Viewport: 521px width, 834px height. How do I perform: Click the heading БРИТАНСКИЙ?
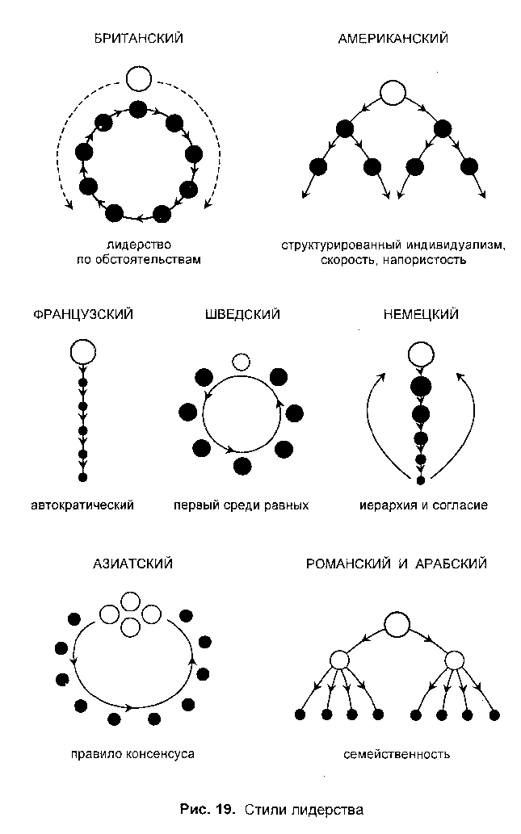(138, 38)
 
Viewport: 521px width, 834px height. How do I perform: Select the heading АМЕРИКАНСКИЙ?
(393, 38)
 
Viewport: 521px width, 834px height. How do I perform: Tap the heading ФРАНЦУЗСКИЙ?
(83, 314)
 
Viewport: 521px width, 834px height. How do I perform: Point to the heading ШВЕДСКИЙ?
(242, 314)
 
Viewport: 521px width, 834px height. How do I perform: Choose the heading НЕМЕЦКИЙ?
(421, 314)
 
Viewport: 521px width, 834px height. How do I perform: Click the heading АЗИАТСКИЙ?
(133, 564)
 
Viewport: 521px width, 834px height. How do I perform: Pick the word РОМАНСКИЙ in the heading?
(349, 564)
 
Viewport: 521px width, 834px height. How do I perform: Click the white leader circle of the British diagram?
(139, 79)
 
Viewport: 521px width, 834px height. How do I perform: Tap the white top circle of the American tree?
(393, 93)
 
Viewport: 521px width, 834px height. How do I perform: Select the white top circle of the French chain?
(83, 352)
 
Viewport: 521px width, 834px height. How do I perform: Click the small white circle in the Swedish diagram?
(241, 363)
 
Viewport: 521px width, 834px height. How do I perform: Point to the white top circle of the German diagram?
(421, 354)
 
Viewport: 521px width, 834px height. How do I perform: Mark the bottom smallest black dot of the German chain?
(420, 481)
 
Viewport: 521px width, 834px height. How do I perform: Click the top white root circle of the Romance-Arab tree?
(397, 624)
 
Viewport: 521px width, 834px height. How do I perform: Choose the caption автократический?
(82, 505)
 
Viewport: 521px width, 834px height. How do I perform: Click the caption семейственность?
(397, 754)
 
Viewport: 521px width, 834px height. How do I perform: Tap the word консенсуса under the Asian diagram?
(161, 754)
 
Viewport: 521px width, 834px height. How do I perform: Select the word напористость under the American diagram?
(424, 260)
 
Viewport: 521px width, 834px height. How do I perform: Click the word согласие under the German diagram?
(460, 505)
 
